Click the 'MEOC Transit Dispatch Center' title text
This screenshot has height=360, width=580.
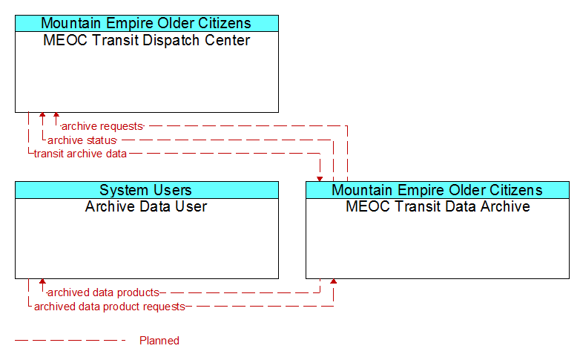coord(146,40)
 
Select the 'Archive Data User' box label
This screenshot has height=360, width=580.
coord(146,206)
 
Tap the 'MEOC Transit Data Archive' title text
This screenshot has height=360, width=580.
coord(438,206)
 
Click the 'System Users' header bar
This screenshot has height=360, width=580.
coord(147,190)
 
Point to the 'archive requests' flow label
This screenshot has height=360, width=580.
coord(102,126)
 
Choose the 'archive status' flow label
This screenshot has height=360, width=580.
coord(82,140)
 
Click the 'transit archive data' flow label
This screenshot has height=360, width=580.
coord(80,154)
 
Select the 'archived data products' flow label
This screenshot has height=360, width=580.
coord(103,292)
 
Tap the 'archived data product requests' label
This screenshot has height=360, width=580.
coord(110,307)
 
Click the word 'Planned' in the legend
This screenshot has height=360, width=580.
coord(159,341)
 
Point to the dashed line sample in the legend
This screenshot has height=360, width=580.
coord(70,341)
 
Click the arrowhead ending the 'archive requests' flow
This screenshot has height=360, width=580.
coord(56,115)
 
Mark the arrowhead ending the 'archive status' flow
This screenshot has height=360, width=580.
coord(42,115)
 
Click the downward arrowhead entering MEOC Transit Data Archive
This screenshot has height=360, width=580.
coord(320,179)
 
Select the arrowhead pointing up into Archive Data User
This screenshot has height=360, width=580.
coord(42,281)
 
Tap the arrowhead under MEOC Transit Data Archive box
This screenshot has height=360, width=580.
coord(333,281)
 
